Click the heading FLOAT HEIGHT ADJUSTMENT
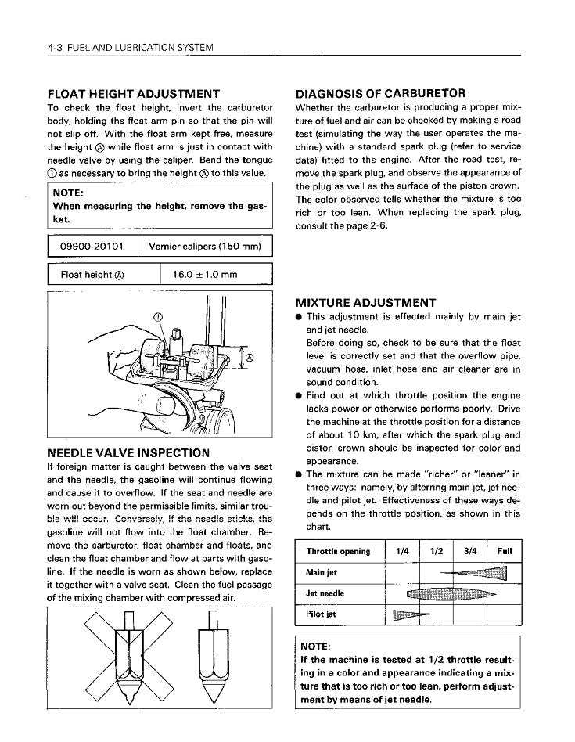click(x=133, y=93)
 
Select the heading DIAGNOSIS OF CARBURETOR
click(x=381, y=93)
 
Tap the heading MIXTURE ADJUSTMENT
click(x=365, y=302)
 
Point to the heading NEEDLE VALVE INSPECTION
click(x=128, y=452)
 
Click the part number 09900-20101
click(x=92, y=247)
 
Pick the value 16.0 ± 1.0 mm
click(x=205, y=275)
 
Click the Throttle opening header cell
click(x=338, y=551)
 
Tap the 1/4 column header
click(x=403, y=551)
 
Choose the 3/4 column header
click(x=470, y=551)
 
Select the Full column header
click(x=505, y=551)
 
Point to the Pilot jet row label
click(x=322, y=614)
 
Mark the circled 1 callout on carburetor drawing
click(x=156, y=316)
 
